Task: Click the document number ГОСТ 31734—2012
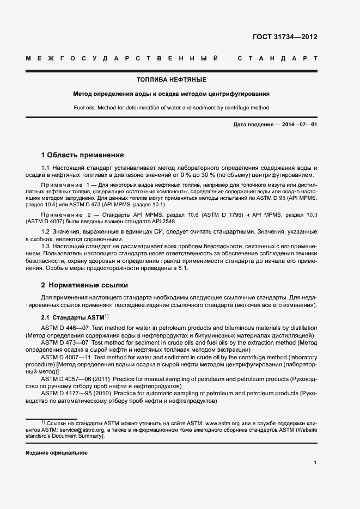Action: (285, 37)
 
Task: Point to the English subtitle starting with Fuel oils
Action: (172, 107)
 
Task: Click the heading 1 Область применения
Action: (83, 155)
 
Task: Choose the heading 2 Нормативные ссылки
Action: (84, 285)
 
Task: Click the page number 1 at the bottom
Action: (315, 462)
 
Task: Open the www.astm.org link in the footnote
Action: (225, 422)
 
